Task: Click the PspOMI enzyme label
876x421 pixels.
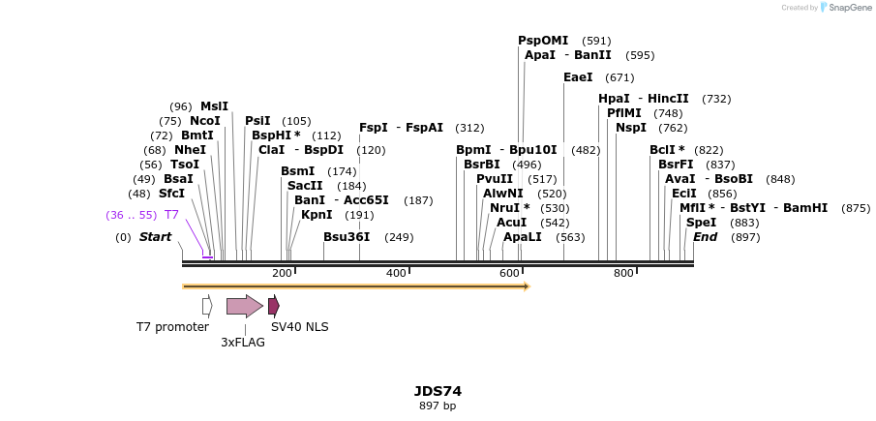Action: click(x=543, y=41)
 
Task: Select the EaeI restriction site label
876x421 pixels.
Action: click(x=578, y=77)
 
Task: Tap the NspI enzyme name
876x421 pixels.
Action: click(x=631, y=128)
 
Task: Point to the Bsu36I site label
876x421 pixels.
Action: click(x=347, y=237)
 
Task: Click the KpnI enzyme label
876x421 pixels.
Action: click(x=317, y=215)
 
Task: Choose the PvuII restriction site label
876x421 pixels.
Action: click(x=495, y=179)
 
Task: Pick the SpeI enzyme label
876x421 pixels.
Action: click(x=701, y=223)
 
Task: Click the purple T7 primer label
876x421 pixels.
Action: click(x=171, y=215)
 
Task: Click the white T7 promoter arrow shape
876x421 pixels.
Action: click(x=207, y=306)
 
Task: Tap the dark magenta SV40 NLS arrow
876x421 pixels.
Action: click(x=274, y=306)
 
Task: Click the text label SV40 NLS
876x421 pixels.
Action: click(x=299, y=327)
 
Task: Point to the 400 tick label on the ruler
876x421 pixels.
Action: click(x=396, y=274)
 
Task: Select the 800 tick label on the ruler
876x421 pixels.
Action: click(x=623, y=274)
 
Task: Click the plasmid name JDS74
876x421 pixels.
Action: click(x=438, y=391)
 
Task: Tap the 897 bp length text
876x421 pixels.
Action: click(x=438, y=406)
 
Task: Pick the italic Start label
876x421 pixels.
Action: click(x=155, y=237)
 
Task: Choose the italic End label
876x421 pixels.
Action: click(x=705, y=237)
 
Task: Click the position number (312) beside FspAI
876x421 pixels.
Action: click(x=469, y=128)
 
